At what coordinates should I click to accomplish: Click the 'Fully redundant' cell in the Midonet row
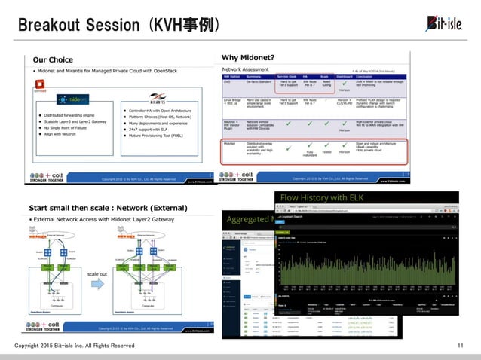pos(305,154)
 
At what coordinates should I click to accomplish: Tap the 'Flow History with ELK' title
pos(323,197)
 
